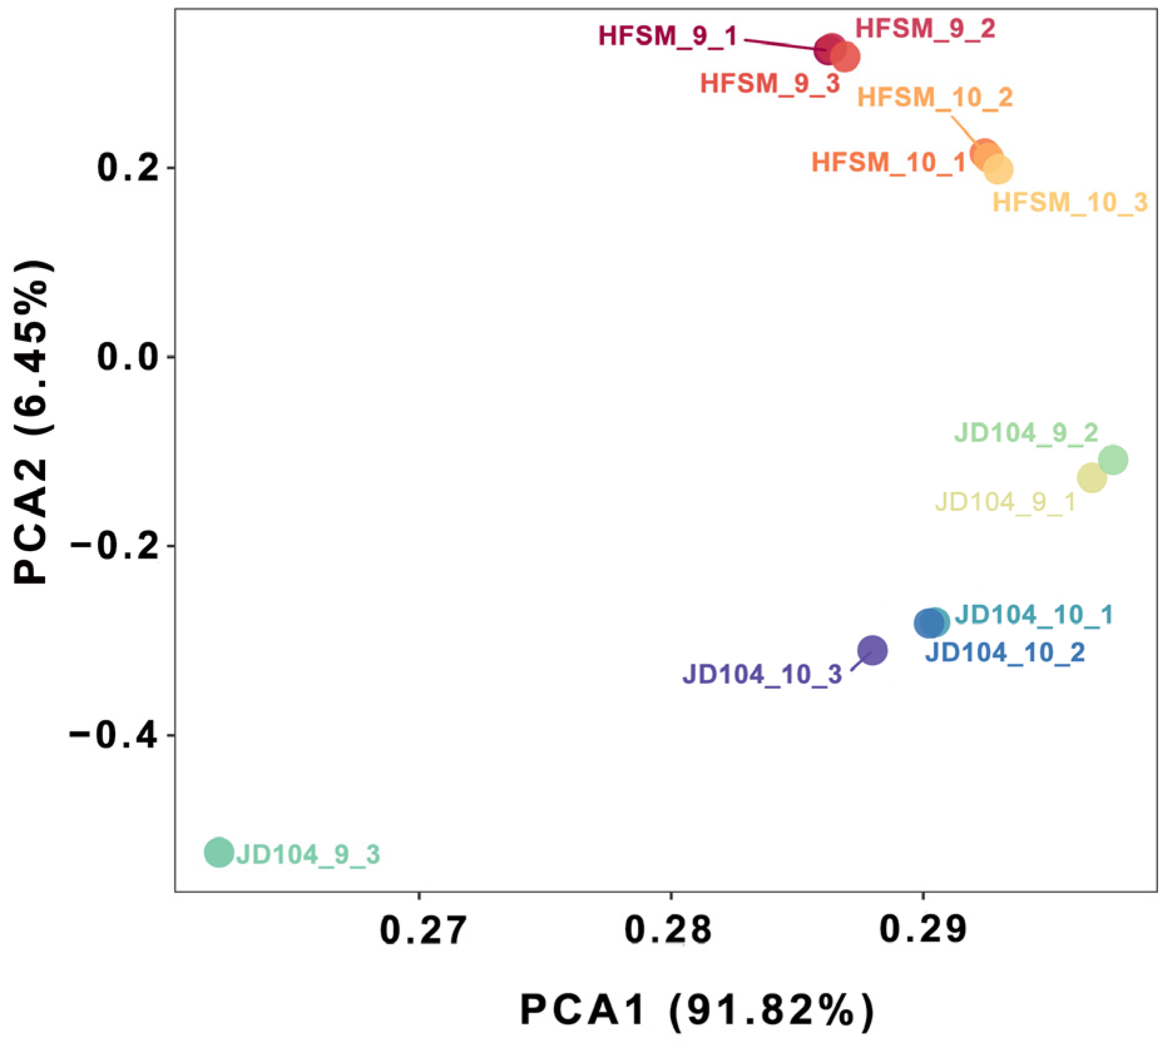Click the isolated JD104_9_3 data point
point(219,852)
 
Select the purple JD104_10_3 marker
point(872,650)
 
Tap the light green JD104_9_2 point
point(1113,460)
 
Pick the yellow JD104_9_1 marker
point(1092,478)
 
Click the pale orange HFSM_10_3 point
point(998,169)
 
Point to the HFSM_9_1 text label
point(668,36)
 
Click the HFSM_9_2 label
point(925,29)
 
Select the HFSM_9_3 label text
point(770,83)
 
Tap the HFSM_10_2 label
point(934,98)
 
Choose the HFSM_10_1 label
point(889,163)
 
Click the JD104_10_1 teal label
point(1034,615)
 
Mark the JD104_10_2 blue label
point(1005,652)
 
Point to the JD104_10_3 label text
point(762,674)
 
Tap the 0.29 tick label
point(923,930)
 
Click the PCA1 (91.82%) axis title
point(696,1010)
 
